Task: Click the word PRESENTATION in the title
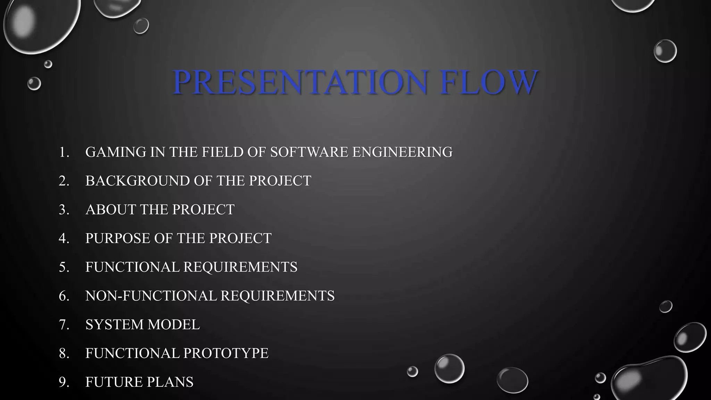(x=300, y=82)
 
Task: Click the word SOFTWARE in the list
(x=309, y=152)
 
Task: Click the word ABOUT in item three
(x=110, y=210)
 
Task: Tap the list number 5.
(x=64, y=267)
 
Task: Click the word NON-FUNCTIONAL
(x=151, y=296)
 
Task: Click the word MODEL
(x=174, y=325)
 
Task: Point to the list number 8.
(x=64, y=353)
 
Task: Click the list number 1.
(x=64, y=152)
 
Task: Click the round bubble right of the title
(x=665, y=51)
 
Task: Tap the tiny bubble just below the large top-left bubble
(x=48, y=64)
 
